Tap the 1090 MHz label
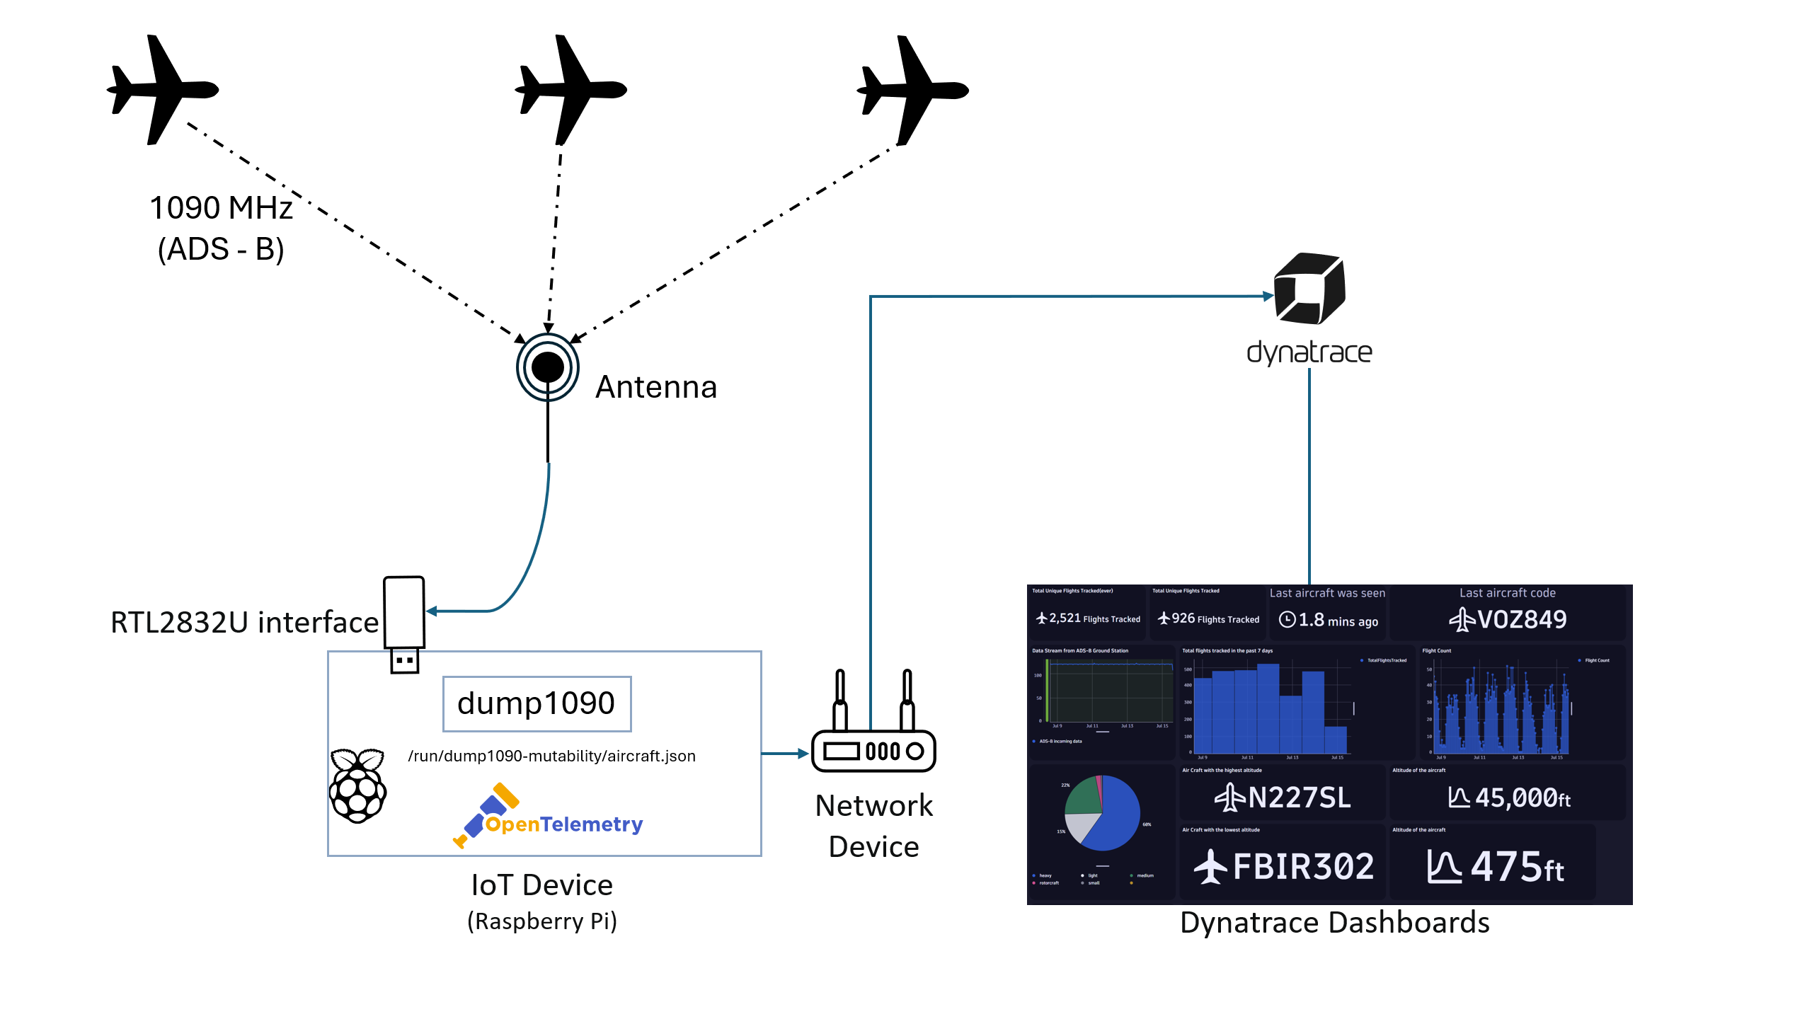[221, 208]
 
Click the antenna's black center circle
[548, 367]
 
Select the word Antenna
[656, 387]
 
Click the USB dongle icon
[404, 623]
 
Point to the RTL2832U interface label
[244, 622]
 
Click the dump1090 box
[537, 703]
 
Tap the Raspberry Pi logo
[358, 785]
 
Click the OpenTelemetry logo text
[564, 824]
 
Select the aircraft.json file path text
[551, 756]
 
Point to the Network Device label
[873, 826]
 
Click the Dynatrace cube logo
[1309, 289]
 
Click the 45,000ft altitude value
[1522, 798]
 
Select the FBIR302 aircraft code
[1302, 866]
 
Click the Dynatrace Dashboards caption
[1334, 923]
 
